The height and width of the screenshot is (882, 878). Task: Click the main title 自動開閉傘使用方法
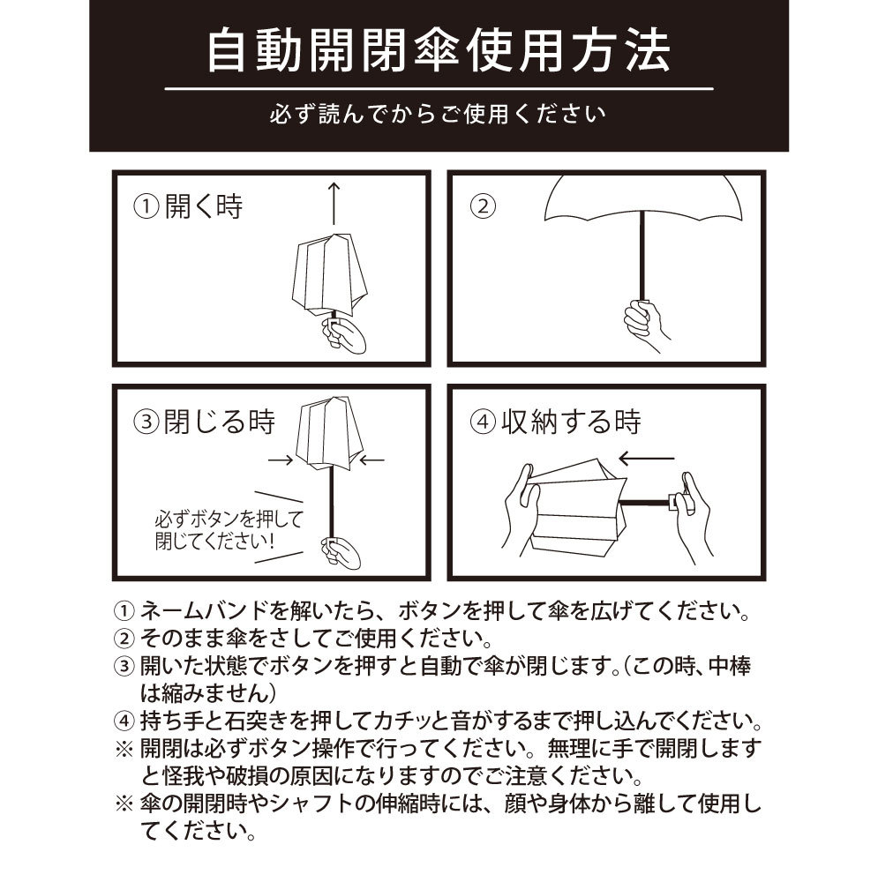coord(439,52)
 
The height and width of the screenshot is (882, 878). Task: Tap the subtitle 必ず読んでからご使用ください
coord(438,114)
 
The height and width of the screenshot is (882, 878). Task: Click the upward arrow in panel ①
coord(334,203)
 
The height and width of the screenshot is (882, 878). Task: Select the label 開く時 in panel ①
coord(204,206)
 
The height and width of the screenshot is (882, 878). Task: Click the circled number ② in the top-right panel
coord(483,206)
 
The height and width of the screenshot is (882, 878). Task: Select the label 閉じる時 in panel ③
coord(220,422)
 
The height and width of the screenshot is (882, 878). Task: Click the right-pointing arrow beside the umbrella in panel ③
coord(281,460)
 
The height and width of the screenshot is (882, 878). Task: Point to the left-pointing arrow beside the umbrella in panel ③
coord(371,460)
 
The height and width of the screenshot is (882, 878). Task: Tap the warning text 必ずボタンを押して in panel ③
coord(229,518)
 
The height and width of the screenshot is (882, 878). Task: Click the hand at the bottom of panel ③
coord(341,552)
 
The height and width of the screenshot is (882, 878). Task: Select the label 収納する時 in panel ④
coord(571,422)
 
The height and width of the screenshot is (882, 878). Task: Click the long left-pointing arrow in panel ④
coord(646,459)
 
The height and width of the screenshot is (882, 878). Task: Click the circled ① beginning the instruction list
coord(124,611)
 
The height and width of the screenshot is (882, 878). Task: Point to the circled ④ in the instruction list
coord(124,721)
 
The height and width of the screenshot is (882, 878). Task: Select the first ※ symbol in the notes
coord(124,749)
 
